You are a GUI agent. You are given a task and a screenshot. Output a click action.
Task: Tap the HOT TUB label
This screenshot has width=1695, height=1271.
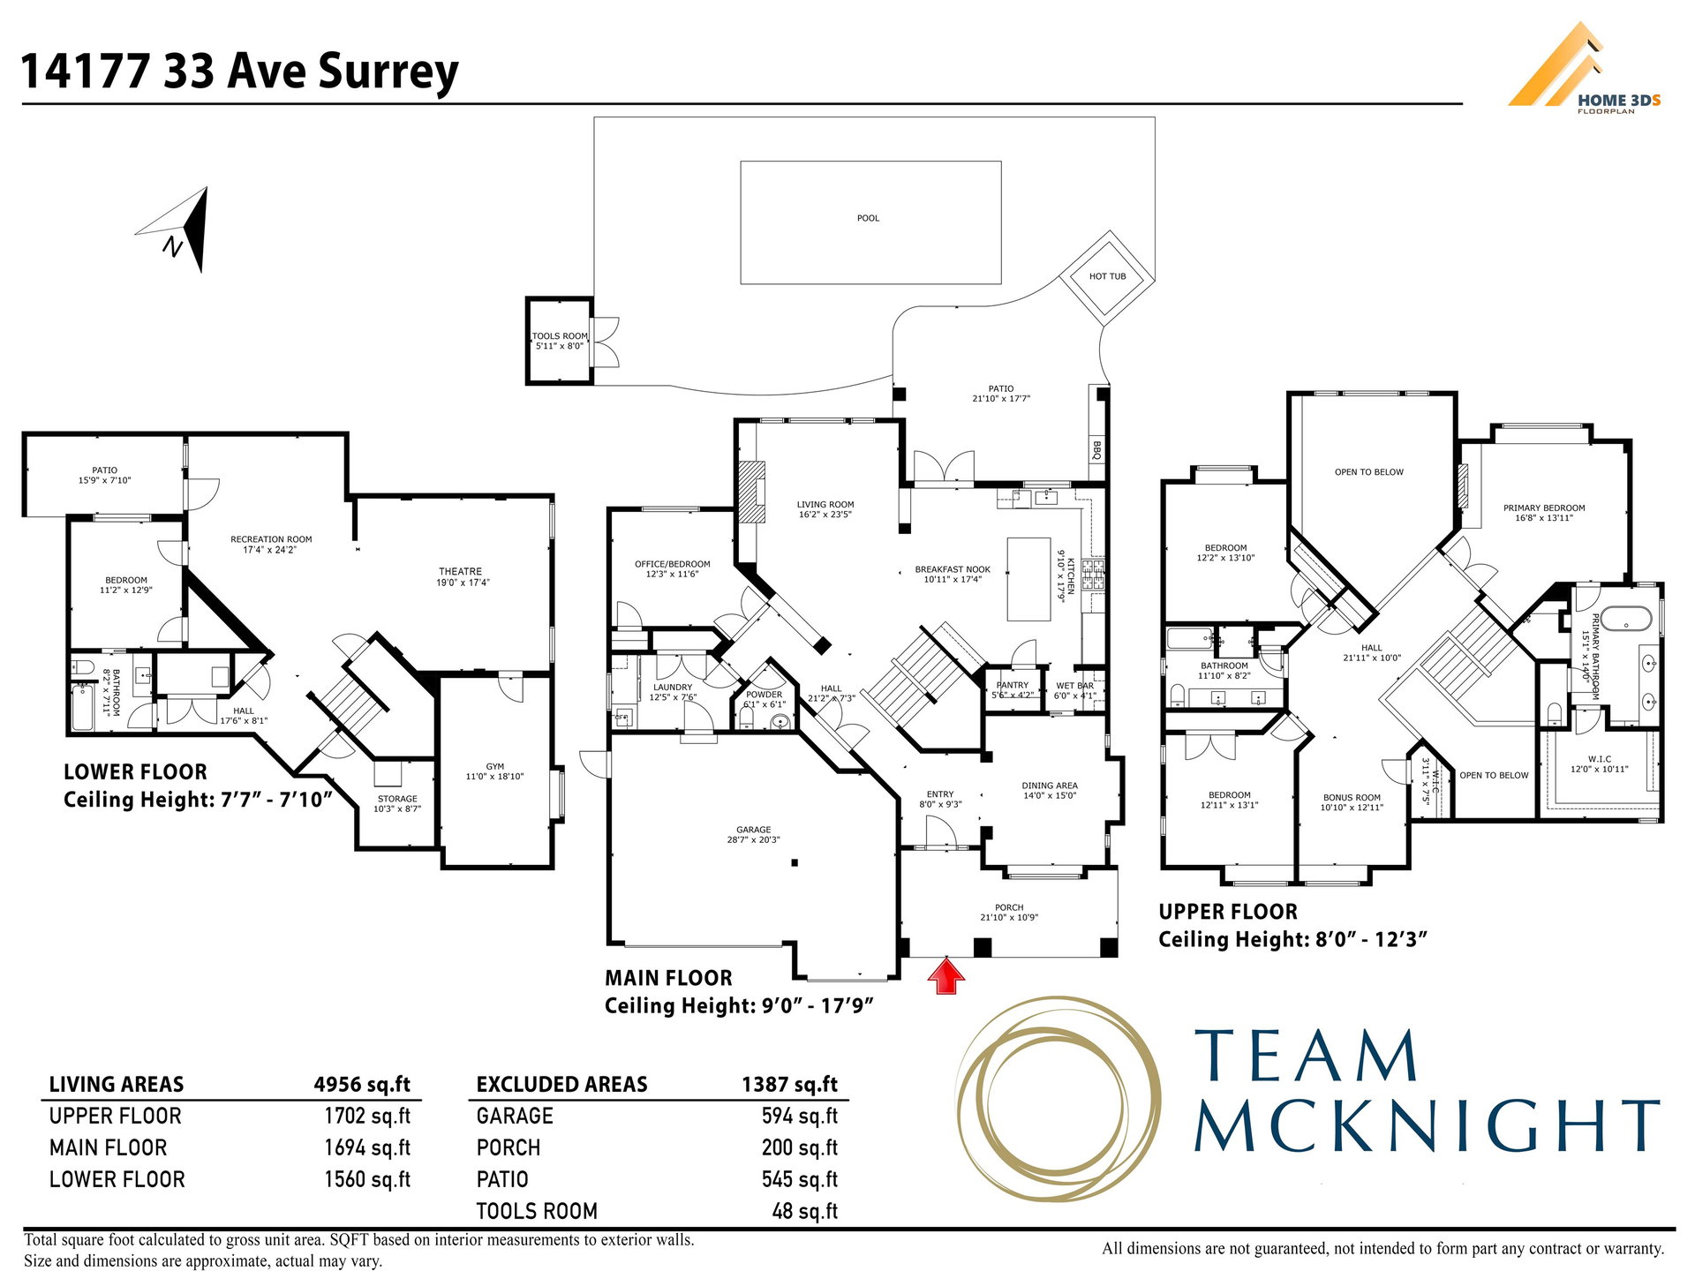(x=1107, y=276)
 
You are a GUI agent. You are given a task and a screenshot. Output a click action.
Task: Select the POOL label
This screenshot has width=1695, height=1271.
(x=868, y=218)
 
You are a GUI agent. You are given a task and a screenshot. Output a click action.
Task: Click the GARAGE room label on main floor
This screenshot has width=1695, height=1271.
(x=753, y=830)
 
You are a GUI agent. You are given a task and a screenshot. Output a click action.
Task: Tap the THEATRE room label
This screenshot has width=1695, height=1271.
(x=461, y=572)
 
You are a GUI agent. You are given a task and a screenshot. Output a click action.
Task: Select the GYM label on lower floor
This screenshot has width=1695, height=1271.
(x=494, y=767)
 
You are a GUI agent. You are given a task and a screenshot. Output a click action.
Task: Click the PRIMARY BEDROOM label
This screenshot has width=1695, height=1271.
(x=1544, y=508)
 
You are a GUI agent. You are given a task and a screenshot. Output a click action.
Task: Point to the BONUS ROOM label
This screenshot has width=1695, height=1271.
(x=1352, y=797)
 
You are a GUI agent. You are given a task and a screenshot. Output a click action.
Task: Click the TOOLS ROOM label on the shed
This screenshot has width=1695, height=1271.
(x=560, y=336)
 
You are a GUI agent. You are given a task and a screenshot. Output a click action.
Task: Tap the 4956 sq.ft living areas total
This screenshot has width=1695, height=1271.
(x=362, y=1084)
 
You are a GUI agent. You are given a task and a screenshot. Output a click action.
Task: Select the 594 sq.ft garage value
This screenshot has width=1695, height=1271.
(x=800, y=1116)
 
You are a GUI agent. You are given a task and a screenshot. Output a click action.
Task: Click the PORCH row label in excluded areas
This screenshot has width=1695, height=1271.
(x=508, y=1147)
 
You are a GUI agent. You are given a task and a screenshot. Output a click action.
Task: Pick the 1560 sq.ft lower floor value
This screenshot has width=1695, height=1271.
(x=367, y=1179)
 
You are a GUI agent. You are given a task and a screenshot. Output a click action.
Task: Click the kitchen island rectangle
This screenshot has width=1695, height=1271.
(x=1029, y=579)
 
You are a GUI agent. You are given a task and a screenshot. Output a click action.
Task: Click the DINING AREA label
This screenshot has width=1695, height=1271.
(x=1050, y=786)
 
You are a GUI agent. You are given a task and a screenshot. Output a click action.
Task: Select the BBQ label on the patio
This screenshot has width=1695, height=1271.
(x=1097, y=450)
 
